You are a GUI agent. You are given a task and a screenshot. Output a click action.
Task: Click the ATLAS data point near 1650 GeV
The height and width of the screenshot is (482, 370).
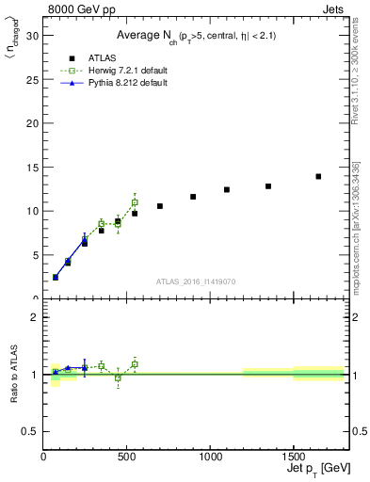pyautogui.click(x=318, y=176)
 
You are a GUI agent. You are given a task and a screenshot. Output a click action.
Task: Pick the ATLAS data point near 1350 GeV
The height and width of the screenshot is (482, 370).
pyautogui.click(x=268, y=186)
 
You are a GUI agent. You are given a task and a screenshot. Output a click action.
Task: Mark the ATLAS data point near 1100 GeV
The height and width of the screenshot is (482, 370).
pyautogui.click(x=227, y=189)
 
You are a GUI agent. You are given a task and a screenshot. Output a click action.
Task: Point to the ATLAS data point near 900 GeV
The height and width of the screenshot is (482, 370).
pyautogui.click(x=193, y=197)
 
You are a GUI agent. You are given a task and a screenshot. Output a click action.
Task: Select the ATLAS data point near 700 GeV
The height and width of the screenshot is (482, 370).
pyautogui.click(x=160, y=206)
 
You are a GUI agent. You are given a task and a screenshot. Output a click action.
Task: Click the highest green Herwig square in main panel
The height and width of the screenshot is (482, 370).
pyautogui.click(x=135, y=202)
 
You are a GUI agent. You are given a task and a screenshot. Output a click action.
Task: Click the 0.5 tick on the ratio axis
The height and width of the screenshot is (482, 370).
pyautogui.click(x=31, y=431)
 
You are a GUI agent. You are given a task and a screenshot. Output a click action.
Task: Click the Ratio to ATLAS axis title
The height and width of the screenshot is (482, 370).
pyautogui.click(x=13, y=374)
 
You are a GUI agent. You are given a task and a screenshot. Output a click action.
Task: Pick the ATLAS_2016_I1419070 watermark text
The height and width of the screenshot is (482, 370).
pyautogui.click(x=195, y=281)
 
